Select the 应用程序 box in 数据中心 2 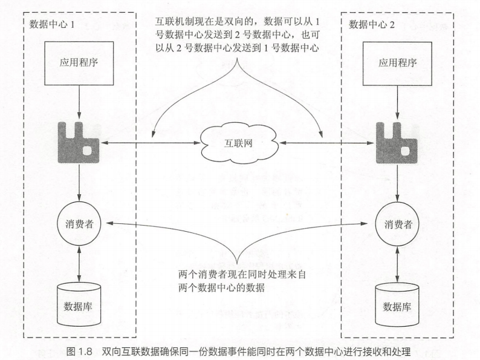397,62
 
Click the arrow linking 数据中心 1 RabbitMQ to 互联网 151,144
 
